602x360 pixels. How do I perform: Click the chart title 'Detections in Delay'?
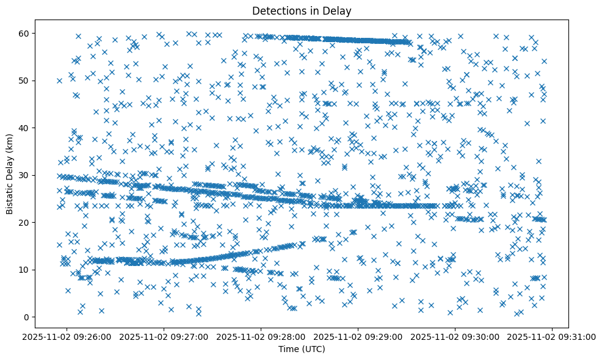point(302,10)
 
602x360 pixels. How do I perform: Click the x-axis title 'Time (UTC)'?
point(302,350)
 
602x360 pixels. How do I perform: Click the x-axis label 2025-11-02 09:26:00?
point(67,336)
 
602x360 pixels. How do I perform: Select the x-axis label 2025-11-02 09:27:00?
point(164,336)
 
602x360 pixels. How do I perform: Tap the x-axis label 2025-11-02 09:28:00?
point(261,336)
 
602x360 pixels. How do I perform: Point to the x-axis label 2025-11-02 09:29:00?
point(358,336)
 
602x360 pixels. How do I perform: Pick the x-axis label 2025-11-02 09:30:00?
point(455,336)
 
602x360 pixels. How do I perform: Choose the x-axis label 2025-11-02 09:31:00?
point(553,336)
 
